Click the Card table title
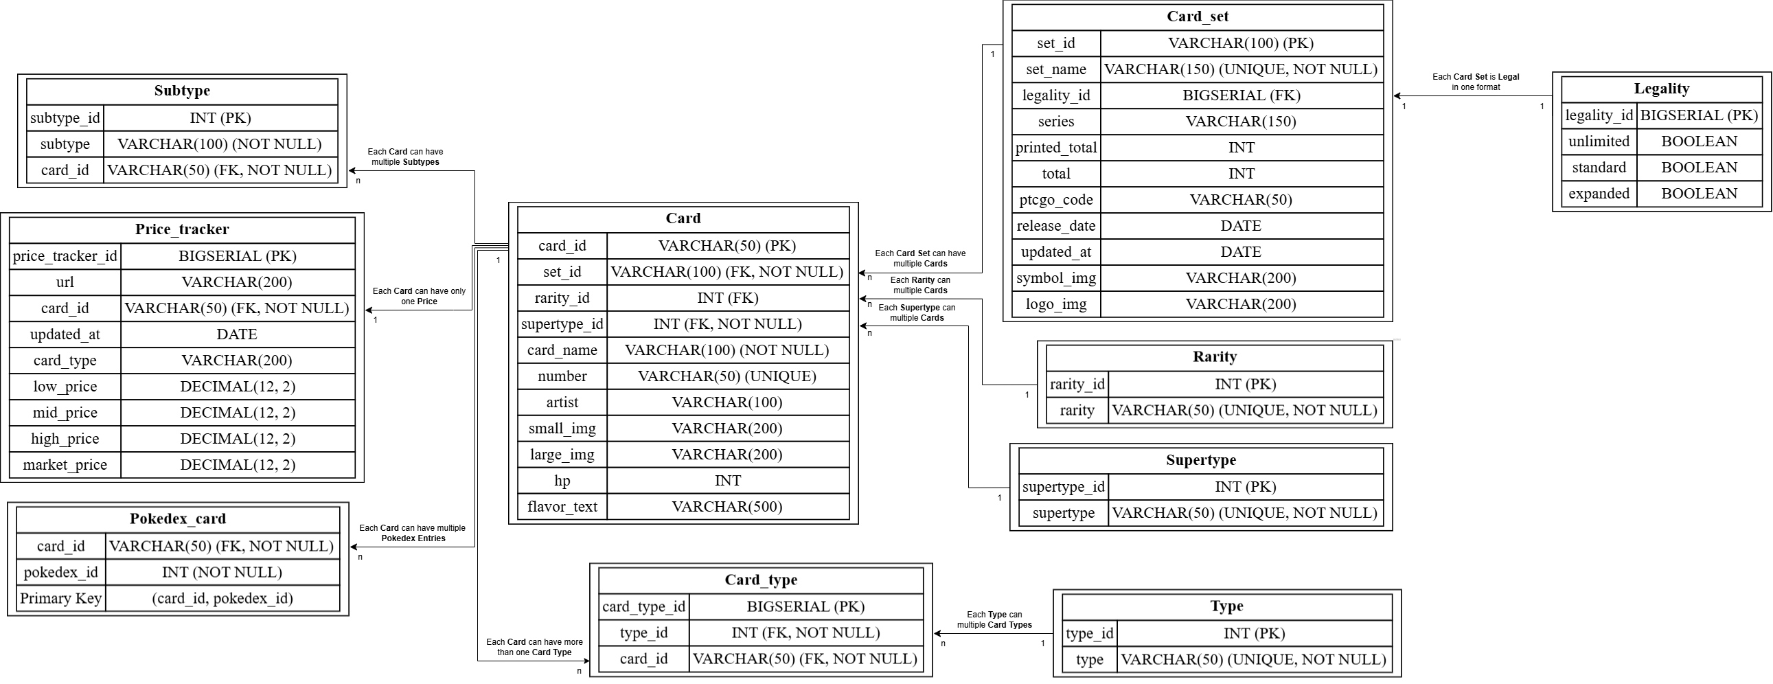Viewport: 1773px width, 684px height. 683,219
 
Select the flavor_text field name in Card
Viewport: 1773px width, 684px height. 562,507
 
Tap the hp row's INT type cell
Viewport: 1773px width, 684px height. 727,481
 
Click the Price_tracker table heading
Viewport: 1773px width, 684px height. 182,230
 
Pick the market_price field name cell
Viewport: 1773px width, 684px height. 65,465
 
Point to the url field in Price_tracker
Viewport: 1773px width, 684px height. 65,282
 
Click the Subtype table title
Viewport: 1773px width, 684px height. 182,91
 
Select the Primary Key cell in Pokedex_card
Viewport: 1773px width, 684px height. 60,599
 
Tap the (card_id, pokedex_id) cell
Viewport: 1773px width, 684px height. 222,599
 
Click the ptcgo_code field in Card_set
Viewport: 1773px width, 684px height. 1056,201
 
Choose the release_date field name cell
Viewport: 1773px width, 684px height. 1056,227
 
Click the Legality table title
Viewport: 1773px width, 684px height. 1661,89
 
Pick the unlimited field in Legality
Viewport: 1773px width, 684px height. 1598,141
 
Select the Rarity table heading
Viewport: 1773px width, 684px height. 1214,357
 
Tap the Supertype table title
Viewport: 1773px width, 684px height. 1200,460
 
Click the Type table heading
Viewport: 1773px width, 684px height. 1226,606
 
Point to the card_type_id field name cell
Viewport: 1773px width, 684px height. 643,607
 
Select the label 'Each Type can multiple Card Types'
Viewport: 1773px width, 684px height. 994,620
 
